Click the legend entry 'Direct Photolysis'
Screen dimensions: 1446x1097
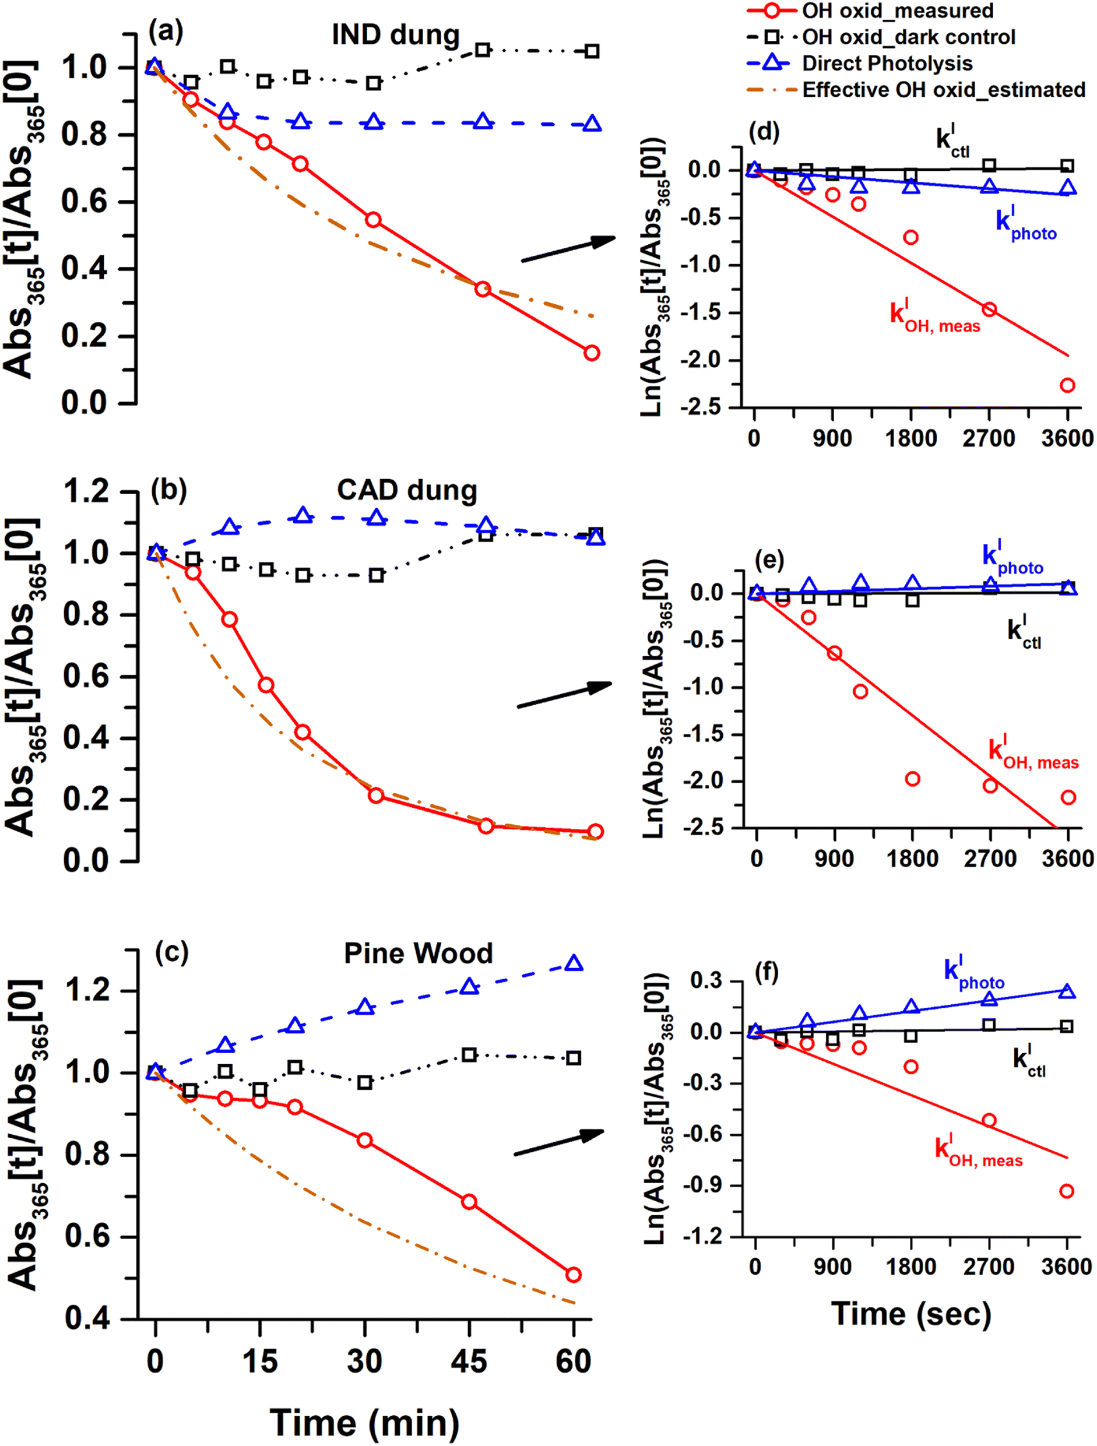(887, 64)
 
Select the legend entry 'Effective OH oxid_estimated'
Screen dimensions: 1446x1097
(943, 90)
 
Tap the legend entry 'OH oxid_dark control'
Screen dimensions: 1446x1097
(908, 37)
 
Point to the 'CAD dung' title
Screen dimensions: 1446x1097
(407, 490)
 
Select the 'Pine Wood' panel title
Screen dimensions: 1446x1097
(418, 954)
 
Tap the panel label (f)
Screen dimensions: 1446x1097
(766, 973)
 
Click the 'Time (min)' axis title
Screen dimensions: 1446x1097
(364, 1423)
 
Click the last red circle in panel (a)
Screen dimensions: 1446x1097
(592, 353)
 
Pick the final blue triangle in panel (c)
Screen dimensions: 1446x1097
(574, 963)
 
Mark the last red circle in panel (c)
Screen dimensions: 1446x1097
(574, 1275)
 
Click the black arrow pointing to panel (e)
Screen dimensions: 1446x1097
(564, 695)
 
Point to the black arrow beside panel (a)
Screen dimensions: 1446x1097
(568, 251)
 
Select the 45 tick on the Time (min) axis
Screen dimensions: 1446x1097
(469, 1361)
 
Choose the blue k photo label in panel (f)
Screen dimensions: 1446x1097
(973, 973)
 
